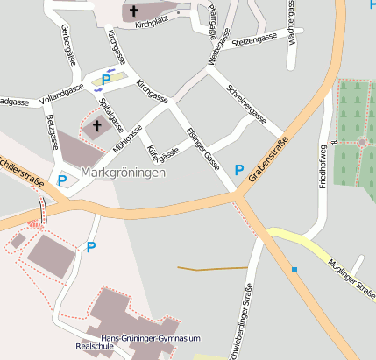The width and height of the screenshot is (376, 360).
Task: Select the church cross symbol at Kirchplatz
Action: [135, 11]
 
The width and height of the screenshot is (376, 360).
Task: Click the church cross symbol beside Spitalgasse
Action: [96, 125]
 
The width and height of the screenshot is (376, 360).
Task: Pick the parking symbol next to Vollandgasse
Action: [106, 80]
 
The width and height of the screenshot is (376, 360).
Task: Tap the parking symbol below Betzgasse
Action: [61, 180]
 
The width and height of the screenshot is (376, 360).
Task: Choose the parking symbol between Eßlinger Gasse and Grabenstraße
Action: [239, 169]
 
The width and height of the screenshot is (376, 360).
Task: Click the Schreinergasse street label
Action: [245, 103]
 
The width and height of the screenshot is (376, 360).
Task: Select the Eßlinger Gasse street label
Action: [202, 146]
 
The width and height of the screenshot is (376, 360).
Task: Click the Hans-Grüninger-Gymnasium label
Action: [151, 338]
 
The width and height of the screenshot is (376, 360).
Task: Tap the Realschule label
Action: [96, 347]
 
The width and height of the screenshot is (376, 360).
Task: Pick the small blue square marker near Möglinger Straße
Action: [294, 269]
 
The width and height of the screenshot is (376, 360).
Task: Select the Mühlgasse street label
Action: [128, 136]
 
